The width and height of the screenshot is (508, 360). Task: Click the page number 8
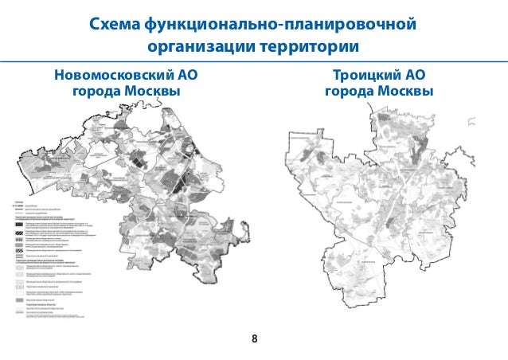(x=254, y=340)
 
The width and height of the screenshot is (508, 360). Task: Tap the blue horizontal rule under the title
(x=254, y=60)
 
